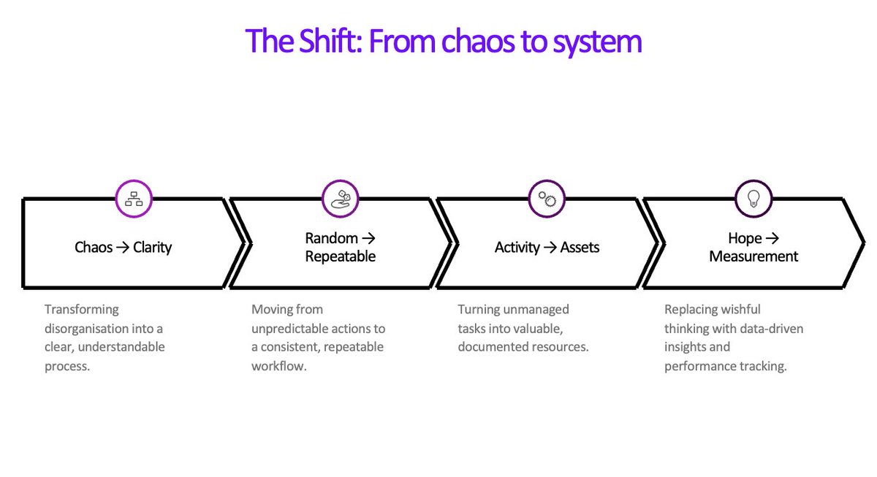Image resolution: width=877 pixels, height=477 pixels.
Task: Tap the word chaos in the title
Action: tap(473, 41)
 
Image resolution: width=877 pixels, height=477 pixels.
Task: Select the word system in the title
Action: tap(597, 41)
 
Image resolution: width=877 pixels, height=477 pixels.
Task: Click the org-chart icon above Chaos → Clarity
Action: tap(134, 198)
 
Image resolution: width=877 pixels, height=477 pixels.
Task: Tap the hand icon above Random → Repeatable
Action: tap(341, 198)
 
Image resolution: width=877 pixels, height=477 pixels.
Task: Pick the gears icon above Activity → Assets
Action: tap(547, 198)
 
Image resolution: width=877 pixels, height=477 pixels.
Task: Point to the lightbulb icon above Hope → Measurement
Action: tap(753, 198)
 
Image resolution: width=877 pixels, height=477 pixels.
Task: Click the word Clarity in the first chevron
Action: tap(152, 248)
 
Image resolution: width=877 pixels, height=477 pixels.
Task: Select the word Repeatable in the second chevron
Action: tap(341, 257)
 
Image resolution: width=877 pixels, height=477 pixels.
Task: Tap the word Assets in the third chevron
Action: tap(580, 248)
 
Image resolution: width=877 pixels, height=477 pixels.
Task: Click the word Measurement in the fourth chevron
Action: tap(753, 257)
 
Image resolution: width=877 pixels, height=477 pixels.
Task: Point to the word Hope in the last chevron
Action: tap(745, 238)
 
